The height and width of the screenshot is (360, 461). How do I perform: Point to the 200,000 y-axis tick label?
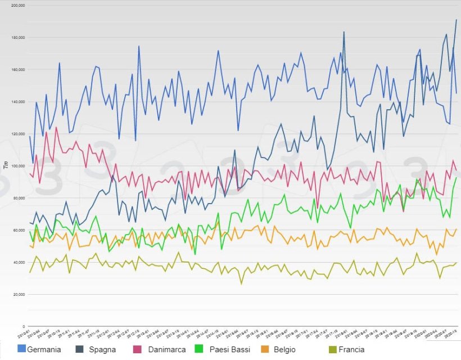click(x=17, y=6)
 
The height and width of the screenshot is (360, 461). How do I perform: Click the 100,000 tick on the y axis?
click(x=17, y=166)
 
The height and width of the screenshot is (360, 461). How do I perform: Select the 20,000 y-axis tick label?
click(x=19, y=294)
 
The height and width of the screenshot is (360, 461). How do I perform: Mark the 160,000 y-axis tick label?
click(x=17, y=70)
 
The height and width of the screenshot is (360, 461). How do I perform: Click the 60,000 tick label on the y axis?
click(x=19, y=230)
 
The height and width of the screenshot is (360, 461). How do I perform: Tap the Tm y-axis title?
click(x=6, y=165)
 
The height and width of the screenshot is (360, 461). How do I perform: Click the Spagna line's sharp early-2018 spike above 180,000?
click(x=344, y=32)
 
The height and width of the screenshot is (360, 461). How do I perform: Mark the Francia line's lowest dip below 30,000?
click(x=242, y=283)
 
